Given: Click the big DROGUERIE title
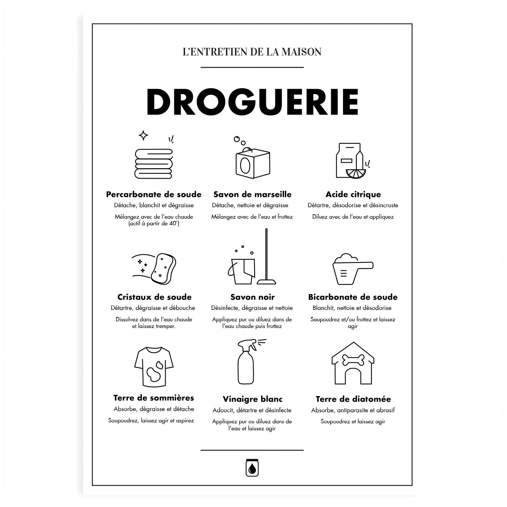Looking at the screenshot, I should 252,102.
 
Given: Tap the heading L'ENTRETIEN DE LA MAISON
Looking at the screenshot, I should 252,52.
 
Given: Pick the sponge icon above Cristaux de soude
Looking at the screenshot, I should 164,268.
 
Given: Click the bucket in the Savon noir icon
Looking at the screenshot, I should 242,271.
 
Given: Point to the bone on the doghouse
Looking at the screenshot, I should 353,359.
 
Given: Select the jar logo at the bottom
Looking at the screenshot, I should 252,467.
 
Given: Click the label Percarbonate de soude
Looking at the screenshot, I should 154,194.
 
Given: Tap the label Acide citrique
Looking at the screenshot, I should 353,194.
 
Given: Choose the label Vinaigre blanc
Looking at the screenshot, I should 252,399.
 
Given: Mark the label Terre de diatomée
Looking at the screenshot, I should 353,399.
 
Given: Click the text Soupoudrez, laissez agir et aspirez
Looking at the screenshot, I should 151,421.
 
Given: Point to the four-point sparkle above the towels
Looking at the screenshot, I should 144,136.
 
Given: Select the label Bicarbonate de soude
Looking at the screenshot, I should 353,297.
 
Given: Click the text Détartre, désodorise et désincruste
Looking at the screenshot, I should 353,205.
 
